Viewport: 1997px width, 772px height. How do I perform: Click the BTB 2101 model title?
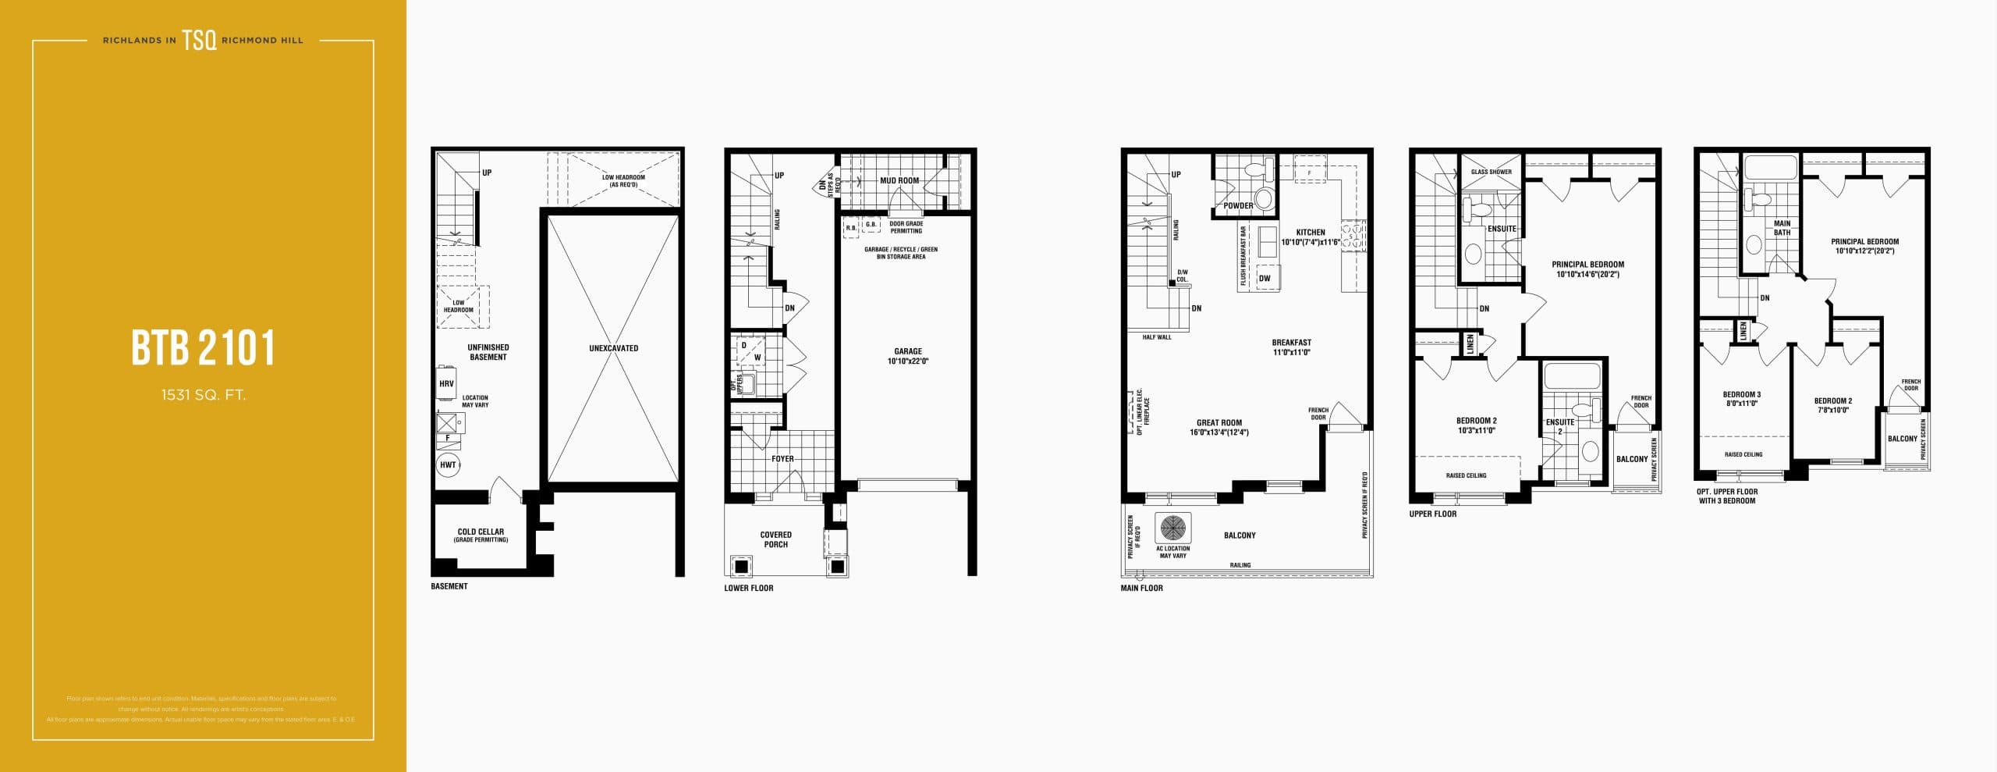203,348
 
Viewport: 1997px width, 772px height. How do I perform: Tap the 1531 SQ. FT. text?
203,395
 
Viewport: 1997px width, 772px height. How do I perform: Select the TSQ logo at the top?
199,40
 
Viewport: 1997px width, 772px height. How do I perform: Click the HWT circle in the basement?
448,465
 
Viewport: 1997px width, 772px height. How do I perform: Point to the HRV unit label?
446,384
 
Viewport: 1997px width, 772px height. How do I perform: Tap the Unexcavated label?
613,348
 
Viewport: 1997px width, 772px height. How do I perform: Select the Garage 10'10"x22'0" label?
907,356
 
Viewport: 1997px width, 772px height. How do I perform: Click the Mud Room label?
899,180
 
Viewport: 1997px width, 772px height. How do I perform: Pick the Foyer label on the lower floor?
782,459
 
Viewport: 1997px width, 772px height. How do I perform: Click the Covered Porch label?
775,539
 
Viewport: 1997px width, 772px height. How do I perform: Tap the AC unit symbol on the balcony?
1172,528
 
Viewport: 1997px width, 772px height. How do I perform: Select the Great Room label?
1218,427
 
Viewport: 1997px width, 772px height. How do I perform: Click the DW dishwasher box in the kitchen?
1265,279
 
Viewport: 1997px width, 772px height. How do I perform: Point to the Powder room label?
1238,206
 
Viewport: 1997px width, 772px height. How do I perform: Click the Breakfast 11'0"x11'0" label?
1291,347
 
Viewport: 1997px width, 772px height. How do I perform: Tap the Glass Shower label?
1491,172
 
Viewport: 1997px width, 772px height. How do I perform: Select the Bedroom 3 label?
1741,399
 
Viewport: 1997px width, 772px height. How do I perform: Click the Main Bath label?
1782,228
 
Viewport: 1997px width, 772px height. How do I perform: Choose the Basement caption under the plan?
449,586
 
